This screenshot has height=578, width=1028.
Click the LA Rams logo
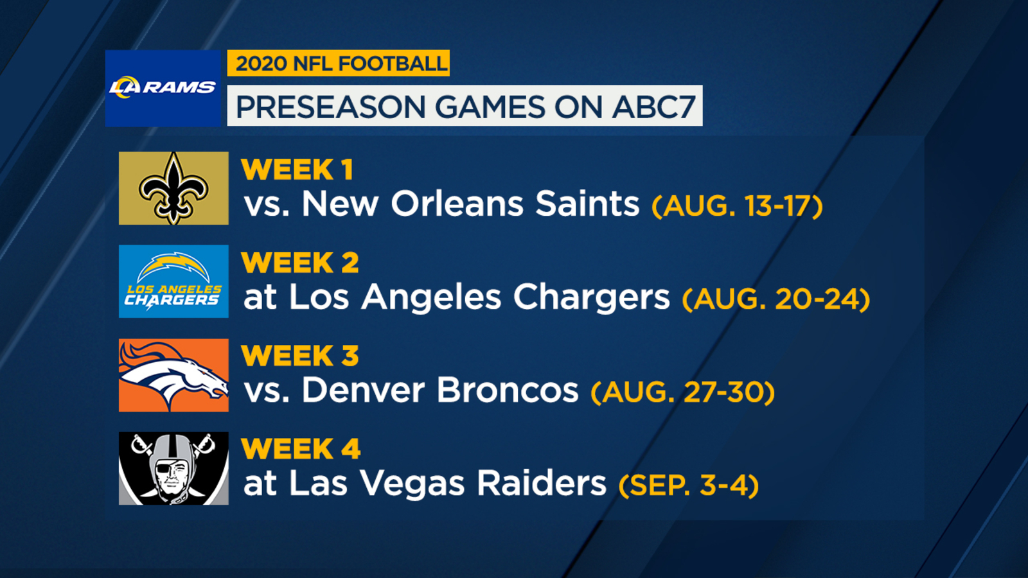163,87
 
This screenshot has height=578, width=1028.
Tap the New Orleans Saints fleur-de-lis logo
173,188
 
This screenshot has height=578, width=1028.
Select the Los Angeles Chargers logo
173,281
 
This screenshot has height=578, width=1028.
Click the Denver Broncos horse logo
173,375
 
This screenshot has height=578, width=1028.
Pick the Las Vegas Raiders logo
173,468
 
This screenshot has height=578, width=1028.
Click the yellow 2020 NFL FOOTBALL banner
338,63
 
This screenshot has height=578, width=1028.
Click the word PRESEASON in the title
330,107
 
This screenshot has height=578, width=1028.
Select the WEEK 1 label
297,170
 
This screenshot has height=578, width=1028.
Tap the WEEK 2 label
299,263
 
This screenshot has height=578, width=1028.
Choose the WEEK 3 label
299,356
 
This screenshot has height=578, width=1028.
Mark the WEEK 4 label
301,449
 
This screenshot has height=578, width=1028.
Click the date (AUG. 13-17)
737,206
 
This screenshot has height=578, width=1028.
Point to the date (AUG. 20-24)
776,299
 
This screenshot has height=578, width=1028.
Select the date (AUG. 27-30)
683,392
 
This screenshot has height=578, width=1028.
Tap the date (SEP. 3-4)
689,486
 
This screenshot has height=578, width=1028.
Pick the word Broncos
508,390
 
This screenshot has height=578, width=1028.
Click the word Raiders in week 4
542,482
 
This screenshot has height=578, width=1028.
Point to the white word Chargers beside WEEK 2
592,298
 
